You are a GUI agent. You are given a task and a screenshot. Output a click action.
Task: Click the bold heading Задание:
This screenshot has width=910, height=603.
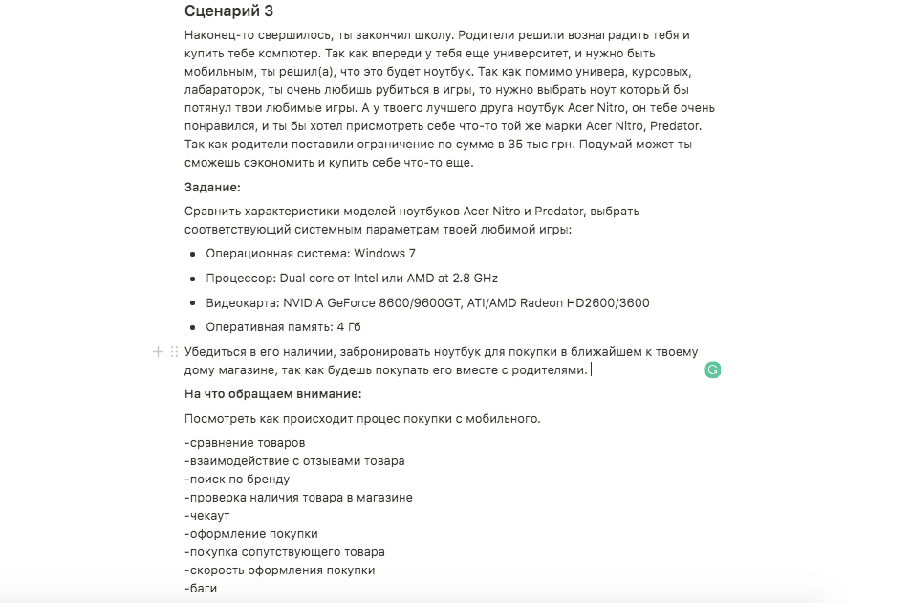coord(212,187)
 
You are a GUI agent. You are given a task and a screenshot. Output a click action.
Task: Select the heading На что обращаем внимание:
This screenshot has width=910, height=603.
coord(273,394)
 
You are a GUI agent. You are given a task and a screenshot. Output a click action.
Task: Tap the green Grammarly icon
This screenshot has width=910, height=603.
coord(712,369)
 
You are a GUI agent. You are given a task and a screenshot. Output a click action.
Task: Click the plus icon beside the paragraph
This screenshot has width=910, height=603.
coord(158,352)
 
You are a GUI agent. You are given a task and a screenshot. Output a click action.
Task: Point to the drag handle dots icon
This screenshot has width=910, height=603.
coord(173,352)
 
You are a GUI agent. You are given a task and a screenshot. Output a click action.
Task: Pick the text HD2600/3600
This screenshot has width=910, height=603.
coord(611,303)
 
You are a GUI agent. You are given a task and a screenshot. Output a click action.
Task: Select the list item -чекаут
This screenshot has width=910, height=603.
coord(207,515)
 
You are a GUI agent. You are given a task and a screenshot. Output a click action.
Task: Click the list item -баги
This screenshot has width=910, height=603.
coord(201,588)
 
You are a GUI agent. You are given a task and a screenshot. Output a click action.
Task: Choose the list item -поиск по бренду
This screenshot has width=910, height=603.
coord(237,479)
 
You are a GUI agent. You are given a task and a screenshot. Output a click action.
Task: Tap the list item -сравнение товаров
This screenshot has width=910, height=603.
coord(245,442)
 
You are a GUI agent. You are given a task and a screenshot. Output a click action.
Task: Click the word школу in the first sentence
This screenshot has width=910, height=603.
coord(444,35)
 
